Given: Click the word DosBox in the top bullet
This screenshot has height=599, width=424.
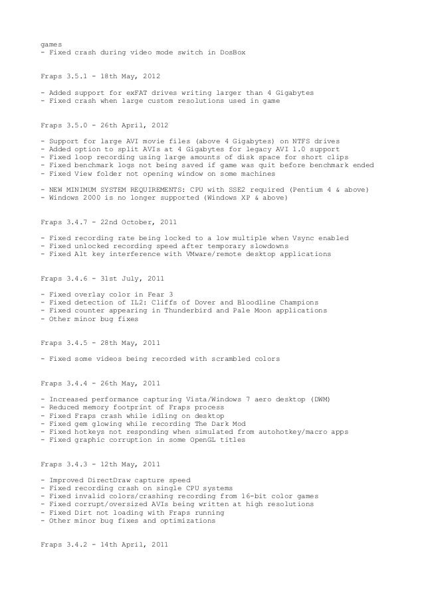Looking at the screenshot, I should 231,52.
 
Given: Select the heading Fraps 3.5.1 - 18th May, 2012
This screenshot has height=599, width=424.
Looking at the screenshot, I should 100,78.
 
